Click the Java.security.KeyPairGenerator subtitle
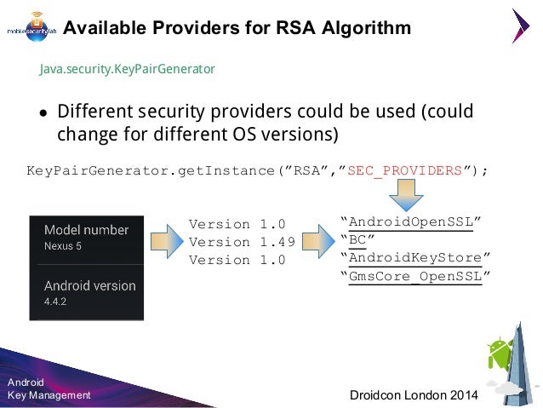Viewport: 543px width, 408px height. pyautogui.click(x=127, y=68)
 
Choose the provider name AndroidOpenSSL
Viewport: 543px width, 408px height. pyautogui.click(x=411, y=223)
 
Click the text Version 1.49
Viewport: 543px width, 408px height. pyautogui.click(x=242, y=242)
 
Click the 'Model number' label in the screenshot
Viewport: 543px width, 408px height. pyautogui.click(x=86, y=230)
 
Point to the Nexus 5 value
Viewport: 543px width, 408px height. pyautogui.click(x=63, y=245)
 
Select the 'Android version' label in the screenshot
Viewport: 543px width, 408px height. pyautogui.click(x=89, y=286)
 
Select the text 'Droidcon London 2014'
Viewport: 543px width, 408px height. pyautogui.click(x=414, y=396)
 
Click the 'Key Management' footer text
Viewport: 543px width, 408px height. pyautogui.click(x=49, y=395)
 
